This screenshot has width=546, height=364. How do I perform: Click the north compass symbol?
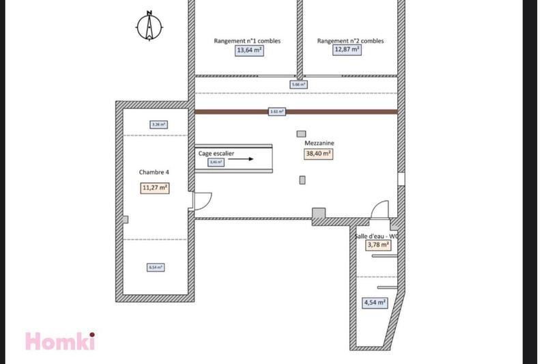pos(149,27)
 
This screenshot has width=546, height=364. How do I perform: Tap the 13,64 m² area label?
pos(249,50)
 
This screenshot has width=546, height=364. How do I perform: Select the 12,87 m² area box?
pos(347,49)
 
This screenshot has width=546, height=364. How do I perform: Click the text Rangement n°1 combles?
pos(247,40)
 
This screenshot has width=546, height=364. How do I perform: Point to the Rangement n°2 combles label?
pos(350,40)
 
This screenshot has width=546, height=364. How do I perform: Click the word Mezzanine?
pos(319,143)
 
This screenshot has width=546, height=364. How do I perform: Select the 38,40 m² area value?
pos(318,154)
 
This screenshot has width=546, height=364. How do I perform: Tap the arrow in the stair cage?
pos(242,158)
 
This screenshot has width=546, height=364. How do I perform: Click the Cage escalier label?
pos(216,154)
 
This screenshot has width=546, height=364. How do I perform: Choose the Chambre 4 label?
pos(154,173)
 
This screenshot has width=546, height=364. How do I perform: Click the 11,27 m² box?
pos(155,187)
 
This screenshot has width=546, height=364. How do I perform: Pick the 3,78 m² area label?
pos(378,244)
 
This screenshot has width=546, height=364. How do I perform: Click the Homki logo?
pos(59,340)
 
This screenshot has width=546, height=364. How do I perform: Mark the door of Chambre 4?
pos(201,200)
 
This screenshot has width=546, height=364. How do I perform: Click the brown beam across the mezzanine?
pos(296,111)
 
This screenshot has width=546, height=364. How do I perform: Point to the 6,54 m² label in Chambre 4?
pos(156,268)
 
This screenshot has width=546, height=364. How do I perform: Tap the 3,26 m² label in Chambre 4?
pos(158,124)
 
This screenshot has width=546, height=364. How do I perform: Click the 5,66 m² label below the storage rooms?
pos(298,85)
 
